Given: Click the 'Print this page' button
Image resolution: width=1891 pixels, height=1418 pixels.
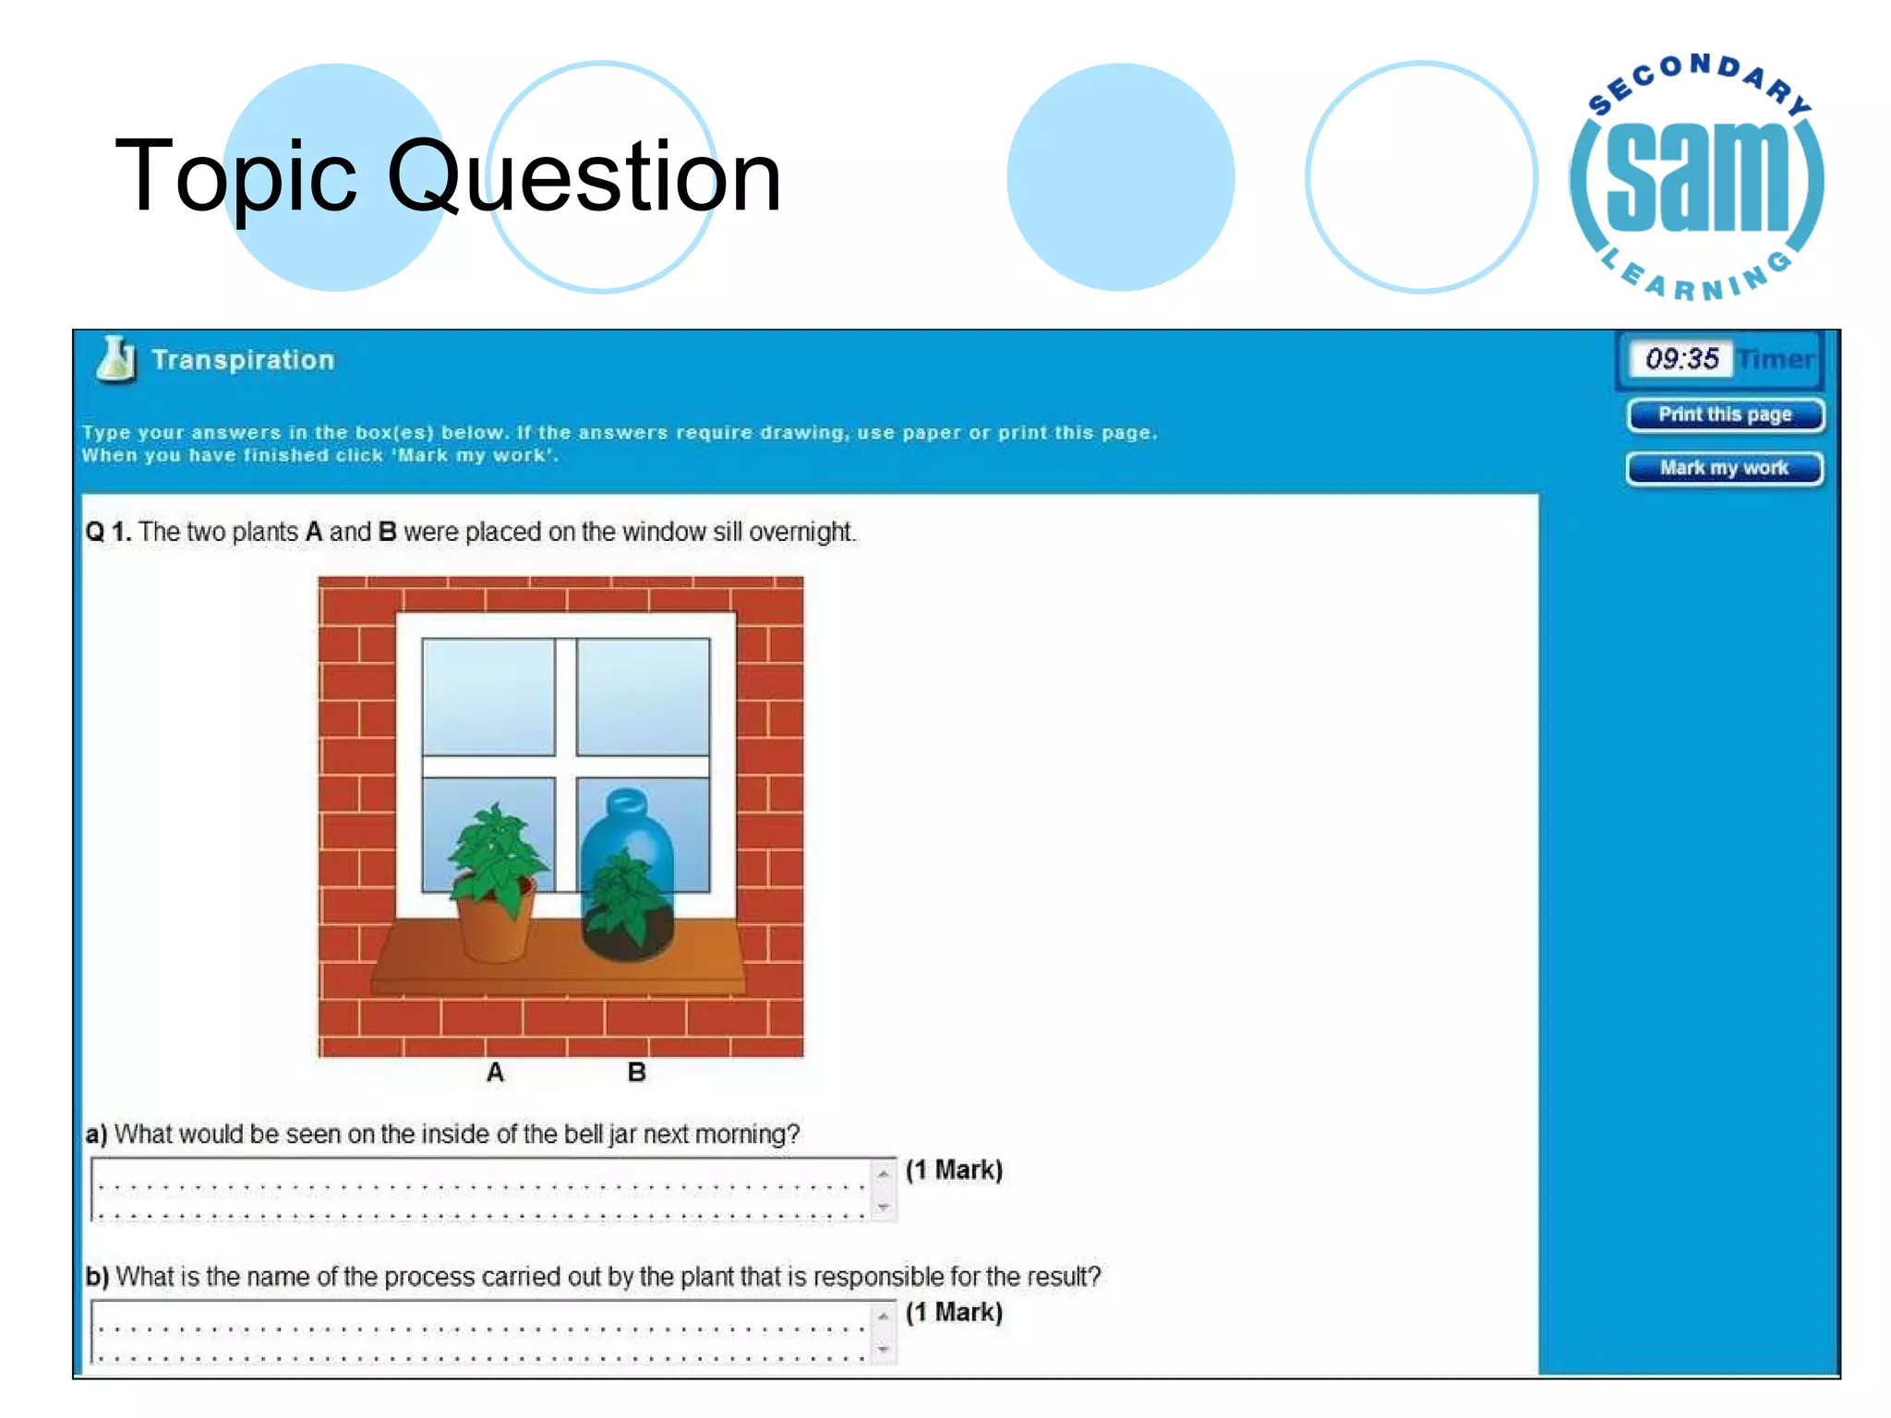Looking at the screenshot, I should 1724,415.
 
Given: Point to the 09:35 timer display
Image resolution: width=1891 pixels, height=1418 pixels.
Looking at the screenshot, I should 1681,358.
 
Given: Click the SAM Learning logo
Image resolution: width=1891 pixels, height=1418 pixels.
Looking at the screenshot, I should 1697,178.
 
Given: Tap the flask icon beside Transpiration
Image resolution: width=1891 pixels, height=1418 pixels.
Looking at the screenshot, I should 116,359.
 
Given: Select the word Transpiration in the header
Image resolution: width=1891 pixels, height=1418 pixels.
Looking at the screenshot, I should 243,360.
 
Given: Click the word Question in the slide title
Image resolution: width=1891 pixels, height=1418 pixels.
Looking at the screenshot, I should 584,175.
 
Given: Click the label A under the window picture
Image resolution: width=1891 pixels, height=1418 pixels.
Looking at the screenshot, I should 495,1072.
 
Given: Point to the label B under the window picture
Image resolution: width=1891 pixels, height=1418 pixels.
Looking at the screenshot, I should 636,1072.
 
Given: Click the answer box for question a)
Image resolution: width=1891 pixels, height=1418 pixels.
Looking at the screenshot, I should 480,1189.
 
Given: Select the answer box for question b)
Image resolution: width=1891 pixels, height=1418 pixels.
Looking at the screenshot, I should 480,1331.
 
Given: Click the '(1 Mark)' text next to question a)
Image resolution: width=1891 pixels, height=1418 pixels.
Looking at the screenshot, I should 954,1170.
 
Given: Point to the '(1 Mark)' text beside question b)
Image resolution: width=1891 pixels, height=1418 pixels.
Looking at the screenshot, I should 954,1312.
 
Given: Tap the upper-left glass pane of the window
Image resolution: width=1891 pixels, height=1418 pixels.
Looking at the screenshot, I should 488,696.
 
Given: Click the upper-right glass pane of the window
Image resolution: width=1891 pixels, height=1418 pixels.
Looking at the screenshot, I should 644,696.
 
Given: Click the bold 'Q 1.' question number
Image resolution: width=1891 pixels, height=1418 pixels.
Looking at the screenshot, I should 108,532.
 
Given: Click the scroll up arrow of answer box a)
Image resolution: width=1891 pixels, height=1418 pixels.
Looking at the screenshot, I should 884,1173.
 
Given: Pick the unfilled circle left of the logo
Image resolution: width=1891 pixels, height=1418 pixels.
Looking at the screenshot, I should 1421,177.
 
